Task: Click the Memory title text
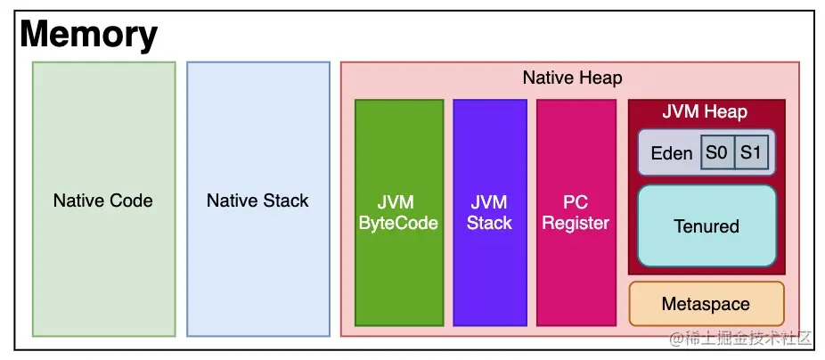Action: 88,35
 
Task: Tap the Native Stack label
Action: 257,200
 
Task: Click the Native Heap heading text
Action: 572,78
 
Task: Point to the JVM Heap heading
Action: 705,112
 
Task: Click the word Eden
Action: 671,153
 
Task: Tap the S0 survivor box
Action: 716,152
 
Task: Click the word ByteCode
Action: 398,223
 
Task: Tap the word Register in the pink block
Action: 576,223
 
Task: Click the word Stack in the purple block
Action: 489,223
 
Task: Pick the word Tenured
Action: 707,226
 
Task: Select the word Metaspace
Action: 706,304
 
